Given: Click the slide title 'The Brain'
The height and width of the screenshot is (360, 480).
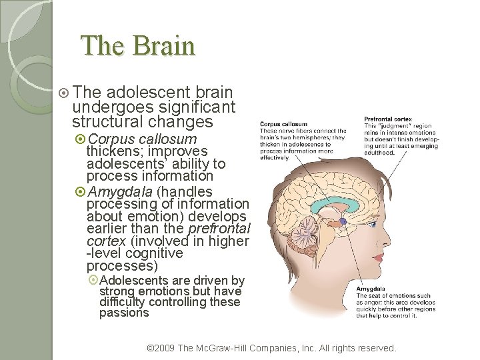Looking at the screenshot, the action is pyautogui.click(x=137, y=46).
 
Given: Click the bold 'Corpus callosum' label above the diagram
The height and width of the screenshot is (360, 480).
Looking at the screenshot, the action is pyautogui.click(x=283, y=124).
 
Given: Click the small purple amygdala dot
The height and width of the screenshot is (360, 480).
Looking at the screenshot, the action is pyautogui.click(x=342, y=221).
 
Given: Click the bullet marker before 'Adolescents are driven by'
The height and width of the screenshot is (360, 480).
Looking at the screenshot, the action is pyautogui.click(x=93, y=281).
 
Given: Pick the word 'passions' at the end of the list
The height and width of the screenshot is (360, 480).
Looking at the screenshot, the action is pyautogui.click(x=124, y=313).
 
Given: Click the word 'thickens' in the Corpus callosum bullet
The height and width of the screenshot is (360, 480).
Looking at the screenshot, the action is pyautogui.click(x=111, y=151).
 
